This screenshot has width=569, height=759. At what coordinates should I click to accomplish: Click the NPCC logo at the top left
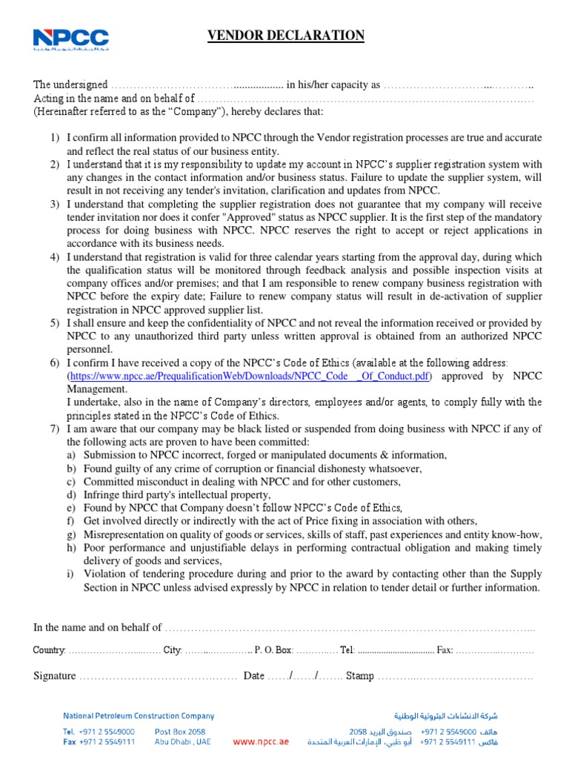pos(70,41)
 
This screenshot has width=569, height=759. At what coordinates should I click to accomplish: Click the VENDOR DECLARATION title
pos(284,36)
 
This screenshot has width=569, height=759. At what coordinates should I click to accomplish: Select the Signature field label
pos(55,676)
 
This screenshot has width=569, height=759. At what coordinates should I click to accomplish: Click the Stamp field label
pos(360,676)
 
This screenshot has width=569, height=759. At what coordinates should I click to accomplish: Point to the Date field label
pos(253,676)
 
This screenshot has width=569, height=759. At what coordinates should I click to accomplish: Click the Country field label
pos(49,650)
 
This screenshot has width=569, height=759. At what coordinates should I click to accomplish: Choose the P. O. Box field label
pos(273,650)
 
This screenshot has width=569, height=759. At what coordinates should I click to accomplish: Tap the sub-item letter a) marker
pos(71,455)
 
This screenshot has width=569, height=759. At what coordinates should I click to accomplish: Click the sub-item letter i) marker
pos(71,574)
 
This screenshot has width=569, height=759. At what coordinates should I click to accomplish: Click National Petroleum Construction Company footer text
pos(139,716)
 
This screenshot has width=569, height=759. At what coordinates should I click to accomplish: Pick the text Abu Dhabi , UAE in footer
pos(182,741)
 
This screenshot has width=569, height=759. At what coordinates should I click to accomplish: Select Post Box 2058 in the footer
pos(180,731)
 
